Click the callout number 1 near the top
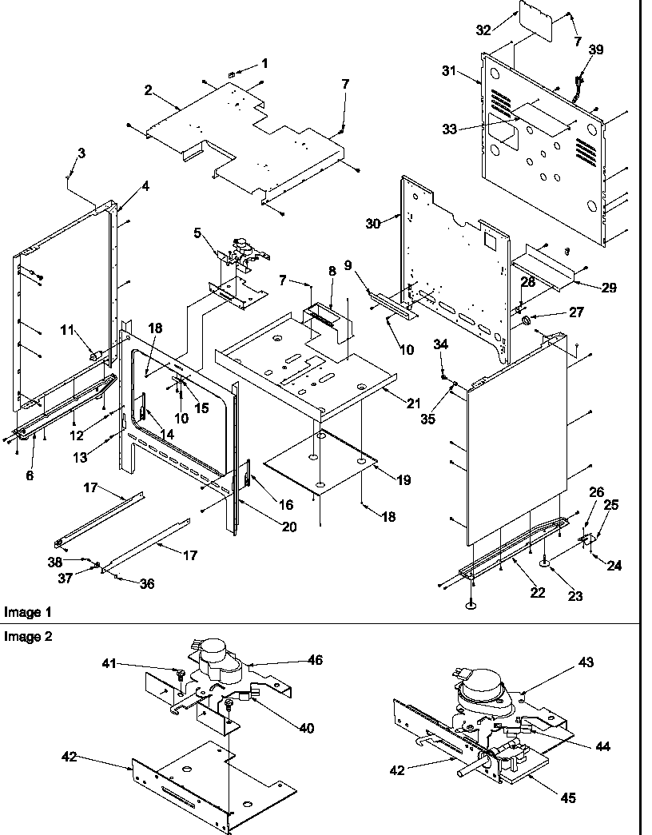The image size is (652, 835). point(265,63)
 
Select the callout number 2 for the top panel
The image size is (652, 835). point(148,89)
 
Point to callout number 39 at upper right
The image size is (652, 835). point(596,50)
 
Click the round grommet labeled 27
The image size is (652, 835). point(527,321)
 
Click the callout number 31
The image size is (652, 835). point(448,71)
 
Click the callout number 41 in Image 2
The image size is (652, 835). point(109,662)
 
